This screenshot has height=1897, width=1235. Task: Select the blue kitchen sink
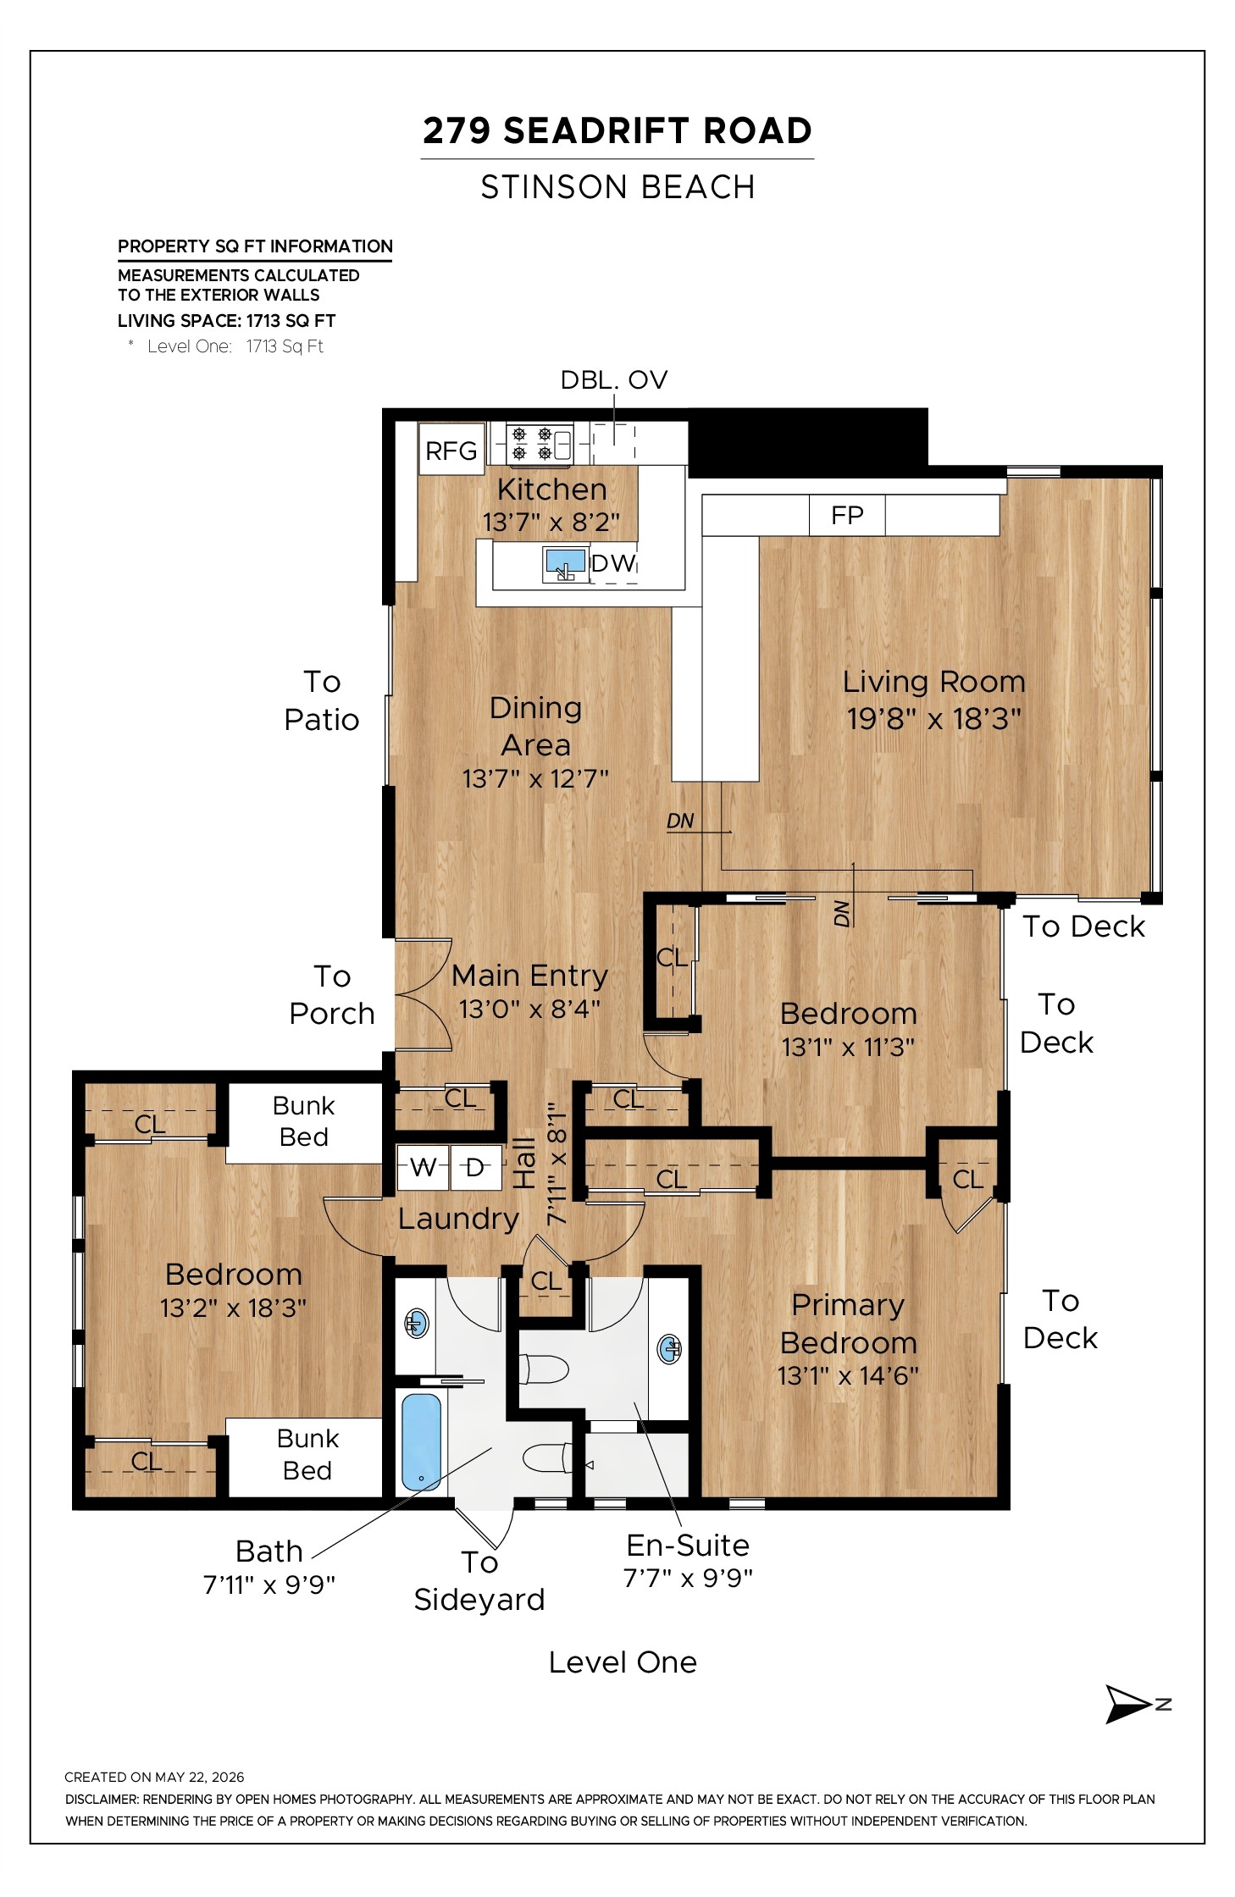pyautogui.click(x=565, y=564)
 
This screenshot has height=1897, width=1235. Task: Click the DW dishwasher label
pyautogui.click(x=613, y=563)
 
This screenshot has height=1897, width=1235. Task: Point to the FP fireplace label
pyautogui.click(x=847, y=515)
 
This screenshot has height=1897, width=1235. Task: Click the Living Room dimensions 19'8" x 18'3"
pyautogui.click(x=933, y=719)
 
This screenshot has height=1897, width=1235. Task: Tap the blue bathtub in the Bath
pyautogui.click(x=421, y=1441)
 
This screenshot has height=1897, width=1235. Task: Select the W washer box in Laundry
pyautogui.click(x=423, y=1167)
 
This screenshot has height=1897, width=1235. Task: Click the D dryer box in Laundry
pyautogui.click(x=475, y=1167)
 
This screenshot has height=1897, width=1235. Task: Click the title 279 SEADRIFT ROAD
pyautogui.click(x=617, y=130)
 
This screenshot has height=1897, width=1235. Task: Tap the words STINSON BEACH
pyautogui.click(x=617, y=187)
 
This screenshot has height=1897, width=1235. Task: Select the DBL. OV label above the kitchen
pyautogui.click(x=614, y=380)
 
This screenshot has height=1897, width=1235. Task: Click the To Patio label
pyautogui.click(x=322, y=700)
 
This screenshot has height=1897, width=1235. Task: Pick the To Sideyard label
pyautogui.click(x=479, y=1580)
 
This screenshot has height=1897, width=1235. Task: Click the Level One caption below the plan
pyautogui.click(x=623, y=1662)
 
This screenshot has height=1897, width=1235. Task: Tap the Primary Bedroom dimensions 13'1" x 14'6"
pyautogui.click(x=848, y=1376)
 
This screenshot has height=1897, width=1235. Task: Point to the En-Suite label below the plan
pyautogui.click(x=688, y=1546)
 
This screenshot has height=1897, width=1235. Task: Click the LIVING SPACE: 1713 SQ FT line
pyautogui.click(x=226, y=321)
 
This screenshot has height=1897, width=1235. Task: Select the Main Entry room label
pyautogui.click(x=529, y=976)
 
